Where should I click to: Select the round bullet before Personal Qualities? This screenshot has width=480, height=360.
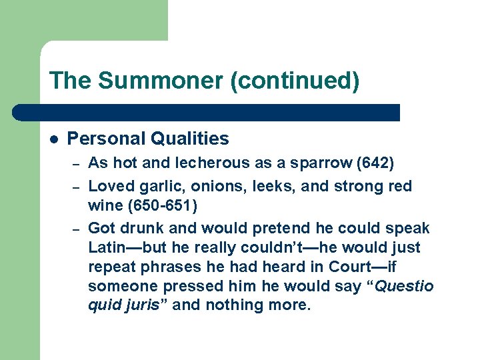click(54, 139)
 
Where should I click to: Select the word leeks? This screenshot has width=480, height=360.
click(273, 186)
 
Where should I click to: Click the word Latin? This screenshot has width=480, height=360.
click(108, 248)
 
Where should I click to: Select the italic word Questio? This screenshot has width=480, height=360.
click(405, 286)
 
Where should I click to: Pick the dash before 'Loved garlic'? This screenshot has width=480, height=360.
click(76, 187)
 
